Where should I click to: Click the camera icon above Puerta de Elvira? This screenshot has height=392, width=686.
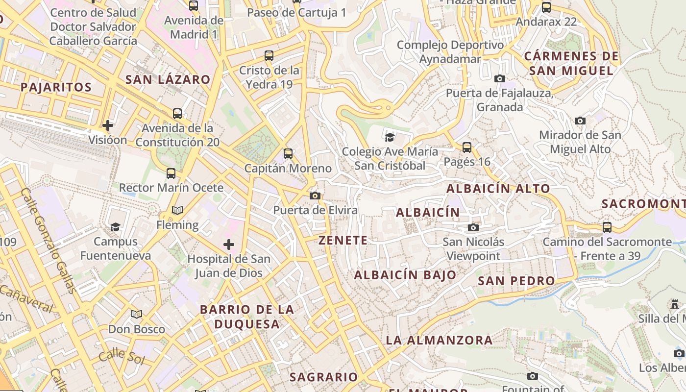coord(315,196)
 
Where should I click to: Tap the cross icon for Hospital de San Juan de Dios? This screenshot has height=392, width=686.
coord(228,244)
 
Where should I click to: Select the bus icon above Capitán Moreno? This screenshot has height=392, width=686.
coord(288,154)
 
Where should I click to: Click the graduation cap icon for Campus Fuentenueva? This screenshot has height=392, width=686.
coord(116,227)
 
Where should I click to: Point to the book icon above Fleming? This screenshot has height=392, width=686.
coord(177,210)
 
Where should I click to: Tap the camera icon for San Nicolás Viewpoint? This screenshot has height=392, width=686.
coord(473,227)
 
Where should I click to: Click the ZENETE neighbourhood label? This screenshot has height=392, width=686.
coord(343,240)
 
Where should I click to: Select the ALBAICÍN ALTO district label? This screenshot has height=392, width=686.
coord(498,188)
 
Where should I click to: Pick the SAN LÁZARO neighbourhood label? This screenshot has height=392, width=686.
coord(168,79)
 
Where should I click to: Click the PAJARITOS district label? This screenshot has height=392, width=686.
coord(56,87)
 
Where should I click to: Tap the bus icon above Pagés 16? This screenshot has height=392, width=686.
coord(467,147)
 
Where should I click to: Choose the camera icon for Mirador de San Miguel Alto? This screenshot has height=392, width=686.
coord(580,121)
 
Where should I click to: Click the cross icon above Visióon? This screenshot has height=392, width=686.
coord(108,125)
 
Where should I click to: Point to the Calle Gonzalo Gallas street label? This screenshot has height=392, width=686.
coord(49,240)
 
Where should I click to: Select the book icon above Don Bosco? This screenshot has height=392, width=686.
coord(137,314)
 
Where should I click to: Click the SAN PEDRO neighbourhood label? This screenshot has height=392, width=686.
coord(516,281)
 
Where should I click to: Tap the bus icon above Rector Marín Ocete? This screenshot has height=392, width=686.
coord(171,173)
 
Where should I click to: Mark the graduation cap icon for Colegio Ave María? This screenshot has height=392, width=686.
coord(390,137)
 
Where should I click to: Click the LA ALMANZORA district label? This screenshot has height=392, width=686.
coord(439,340)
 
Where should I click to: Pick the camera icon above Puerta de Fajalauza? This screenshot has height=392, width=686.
coord(500,78)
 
